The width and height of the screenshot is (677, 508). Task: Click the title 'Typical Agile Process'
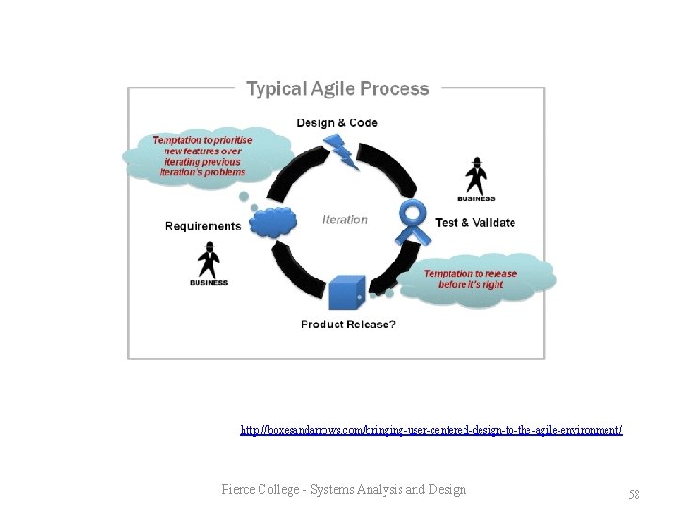(337, 89)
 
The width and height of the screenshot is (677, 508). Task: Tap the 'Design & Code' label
(337, 123)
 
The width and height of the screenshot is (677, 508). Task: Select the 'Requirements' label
(202, 226)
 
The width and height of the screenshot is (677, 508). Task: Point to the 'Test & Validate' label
(475, 223)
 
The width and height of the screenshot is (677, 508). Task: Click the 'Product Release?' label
(348, 325)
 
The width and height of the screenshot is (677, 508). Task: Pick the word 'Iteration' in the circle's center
(345, 220)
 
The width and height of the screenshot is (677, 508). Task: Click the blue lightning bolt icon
(339, 151)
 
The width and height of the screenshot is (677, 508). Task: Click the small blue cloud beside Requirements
(274, 222)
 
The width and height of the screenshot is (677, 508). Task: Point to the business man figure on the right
(476, 175)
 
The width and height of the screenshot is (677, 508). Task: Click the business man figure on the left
(209, 259)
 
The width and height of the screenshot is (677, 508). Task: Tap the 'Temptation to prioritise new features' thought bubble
(202, 156)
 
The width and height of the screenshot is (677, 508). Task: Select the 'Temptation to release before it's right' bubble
(470, 279)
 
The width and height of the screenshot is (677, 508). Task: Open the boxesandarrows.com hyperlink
(431, 430)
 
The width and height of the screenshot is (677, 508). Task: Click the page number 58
(634, 494)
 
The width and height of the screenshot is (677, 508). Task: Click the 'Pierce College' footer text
(343, 489)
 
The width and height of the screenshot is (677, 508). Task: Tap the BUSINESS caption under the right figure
(476, 198)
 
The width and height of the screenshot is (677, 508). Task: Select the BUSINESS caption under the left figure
(209, 282)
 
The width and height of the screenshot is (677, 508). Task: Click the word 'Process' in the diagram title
(399, 89)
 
